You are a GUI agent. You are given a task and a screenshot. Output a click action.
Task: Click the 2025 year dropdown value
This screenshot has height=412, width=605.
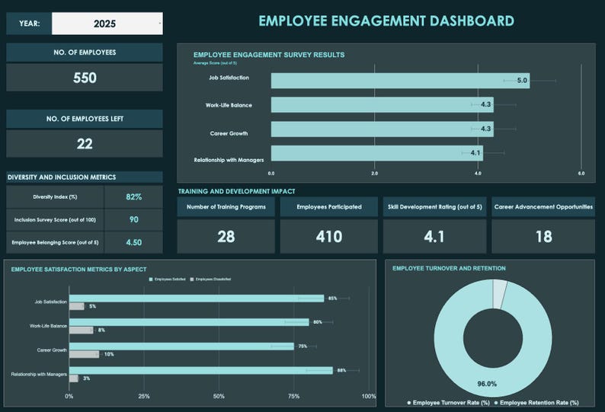pos(105,24)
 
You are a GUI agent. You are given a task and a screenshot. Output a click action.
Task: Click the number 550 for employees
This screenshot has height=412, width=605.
pos(85,78)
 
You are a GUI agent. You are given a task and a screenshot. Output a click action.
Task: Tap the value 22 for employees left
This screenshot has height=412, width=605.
pos(85,143)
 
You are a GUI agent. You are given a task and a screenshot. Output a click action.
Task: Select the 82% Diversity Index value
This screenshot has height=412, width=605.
pos(133,196)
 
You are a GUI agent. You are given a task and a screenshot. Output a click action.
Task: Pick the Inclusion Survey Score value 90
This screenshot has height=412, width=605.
pos(133,219)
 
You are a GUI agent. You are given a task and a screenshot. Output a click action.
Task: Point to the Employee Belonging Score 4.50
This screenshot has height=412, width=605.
pos(133,243)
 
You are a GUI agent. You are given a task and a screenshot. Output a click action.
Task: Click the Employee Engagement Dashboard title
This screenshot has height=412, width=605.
pos(386,21)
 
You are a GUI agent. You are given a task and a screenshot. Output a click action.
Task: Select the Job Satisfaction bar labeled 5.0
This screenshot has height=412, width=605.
pos(399,81)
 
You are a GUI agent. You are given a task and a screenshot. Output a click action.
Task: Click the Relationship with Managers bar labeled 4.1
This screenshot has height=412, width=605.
pos(376,153)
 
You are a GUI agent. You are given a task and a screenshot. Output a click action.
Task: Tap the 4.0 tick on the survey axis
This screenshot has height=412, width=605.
pos(478,174)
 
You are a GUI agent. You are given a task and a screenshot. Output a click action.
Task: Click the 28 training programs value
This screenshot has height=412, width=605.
pos(226,237)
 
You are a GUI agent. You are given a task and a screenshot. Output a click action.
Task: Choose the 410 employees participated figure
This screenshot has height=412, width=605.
pos(329,237)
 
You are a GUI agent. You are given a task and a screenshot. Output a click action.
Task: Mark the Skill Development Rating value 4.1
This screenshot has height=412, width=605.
pos(434,237)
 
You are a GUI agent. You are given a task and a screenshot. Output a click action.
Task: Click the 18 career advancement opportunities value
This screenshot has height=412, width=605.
pos(543,237)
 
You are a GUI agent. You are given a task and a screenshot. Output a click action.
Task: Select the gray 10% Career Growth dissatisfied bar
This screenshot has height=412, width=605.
pos(84,354)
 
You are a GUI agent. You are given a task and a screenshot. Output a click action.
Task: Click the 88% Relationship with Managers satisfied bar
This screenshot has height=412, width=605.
pos(200,370)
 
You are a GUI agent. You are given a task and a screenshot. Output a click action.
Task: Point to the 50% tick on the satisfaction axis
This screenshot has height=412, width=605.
pos(219,396)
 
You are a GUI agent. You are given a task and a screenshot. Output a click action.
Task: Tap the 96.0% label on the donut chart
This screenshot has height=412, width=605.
pos(487,384)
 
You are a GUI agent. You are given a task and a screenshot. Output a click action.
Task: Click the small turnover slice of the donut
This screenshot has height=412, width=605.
pos(499,294)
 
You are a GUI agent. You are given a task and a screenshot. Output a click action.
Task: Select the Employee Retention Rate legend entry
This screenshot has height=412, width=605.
pos(536,402)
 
